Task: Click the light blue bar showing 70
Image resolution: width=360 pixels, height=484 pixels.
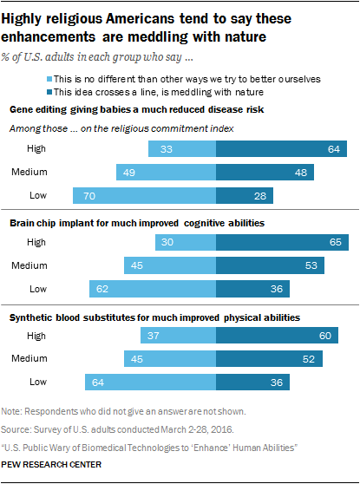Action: (x=145, y=195)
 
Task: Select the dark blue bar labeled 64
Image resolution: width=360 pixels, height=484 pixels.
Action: (x=282, y=149)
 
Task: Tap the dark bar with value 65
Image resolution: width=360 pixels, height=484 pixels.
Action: (x=283, y=242)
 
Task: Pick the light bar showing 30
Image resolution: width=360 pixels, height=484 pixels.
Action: (x=186, y=242)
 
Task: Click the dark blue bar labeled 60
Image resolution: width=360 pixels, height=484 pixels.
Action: (x=278, y=335)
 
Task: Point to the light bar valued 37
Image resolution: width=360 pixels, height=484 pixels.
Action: (x=179, y=335)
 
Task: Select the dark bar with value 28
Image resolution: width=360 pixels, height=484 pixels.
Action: (x=245, y=195)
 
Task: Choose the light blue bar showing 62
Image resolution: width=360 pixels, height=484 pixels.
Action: (x=153, y=289)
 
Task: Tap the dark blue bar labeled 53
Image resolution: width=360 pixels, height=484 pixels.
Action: (x=270, y=265)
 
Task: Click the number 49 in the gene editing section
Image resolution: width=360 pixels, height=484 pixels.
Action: (x=129, y=173)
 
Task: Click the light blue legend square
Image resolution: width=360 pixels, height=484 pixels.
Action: (x=49, y=79)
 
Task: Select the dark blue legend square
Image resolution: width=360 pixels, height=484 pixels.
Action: (x=49, y=92)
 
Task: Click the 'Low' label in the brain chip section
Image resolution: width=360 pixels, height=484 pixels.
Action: (x=38, y=289)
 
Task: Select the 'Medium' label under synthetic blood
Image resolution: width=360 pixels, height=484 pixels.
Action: (x=29, y=358)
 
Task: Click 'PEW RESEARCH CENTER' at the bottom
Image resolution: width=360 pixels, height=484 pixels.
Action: (x=51, y=465)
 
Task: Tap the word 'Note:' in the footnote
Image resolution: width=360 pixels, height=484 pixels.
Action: (x=11, y=411)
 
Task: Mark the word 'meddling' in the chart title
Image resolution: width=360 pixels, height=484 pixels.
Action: (x=158, y=37)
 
